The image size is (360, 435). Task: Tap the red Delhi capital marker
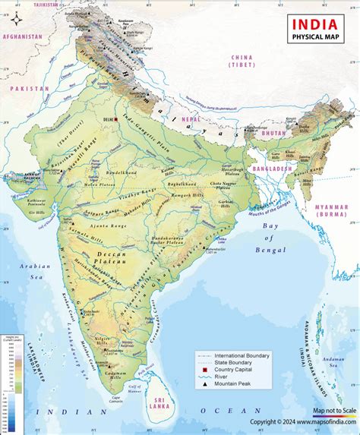click(116, 118)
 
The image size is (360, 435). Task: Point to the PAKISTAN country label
click(29, 88)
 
